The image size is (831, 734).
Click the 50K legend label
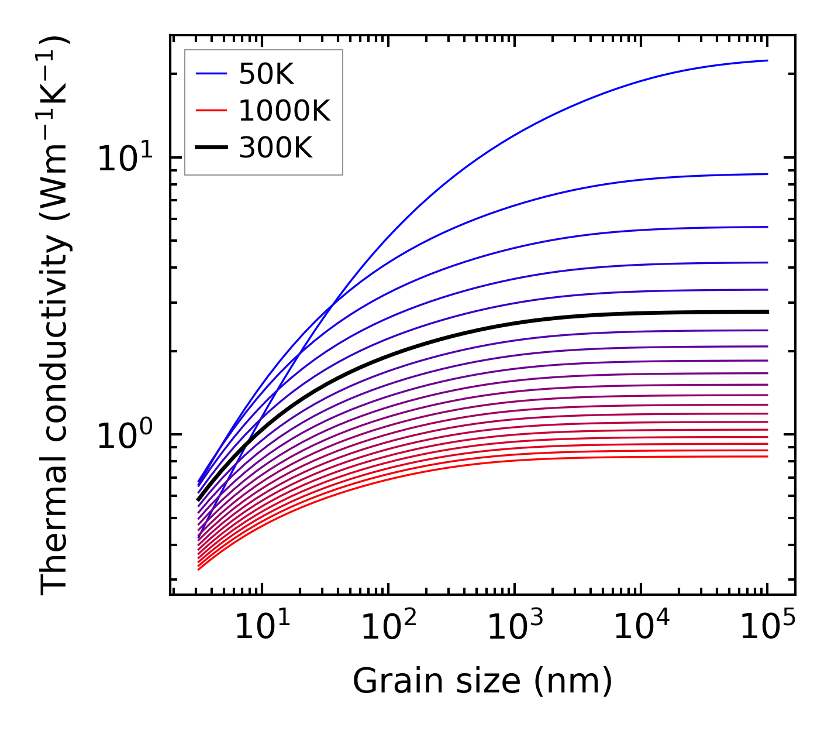[x=265, y=74]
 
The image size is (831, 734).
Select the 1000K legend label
[x=284, y=111]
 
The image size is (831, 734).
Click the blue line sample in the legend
[x=211, y=74]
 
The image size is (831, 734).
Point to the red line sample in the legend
[x=211, y=111]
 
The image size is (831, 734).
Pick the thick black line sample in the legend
[x=211, y=148]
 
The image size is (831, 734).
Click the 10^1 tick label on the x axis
[x=261, y=627]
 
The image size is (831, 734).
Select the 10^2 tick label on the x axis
[x=388, y=627]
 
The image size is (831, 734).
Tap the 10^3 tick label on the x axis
[x=515, y=627]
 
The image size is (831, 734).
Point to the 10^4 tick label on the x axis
[x=641, y=627]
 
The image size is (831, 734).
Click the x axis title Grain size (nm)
[x=482, y=681]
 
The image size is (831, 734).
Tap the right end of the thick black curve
[x=767, y=312]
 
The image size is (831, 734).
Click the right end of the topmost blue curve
[x=767, y=60]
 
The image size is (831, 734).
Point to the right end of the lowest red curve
[x=767, y=456]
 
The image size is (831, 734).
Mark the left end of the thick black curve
[x=198, y=500]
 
